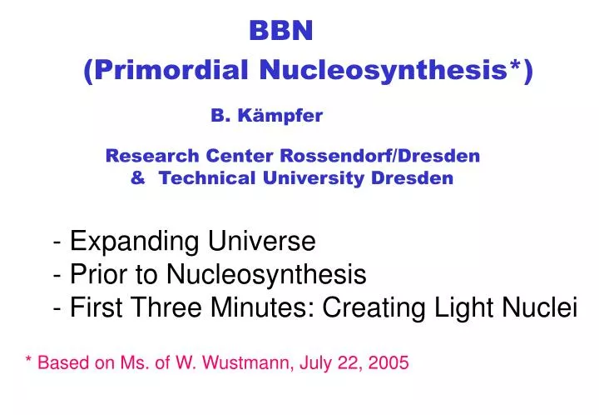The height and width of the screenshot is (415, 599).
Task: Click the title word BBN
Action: pos(281,31)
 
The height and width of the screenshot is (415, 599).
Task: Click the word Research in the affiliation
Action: pos(144,156)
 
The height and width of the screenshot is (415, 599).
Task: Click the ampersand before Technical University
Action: pos(137,177)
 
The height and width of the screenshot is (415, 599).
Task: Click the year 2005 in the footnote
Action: pos(389,363)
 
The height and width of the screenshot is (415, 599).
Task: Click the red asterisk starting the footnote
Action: pos(29,362)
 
